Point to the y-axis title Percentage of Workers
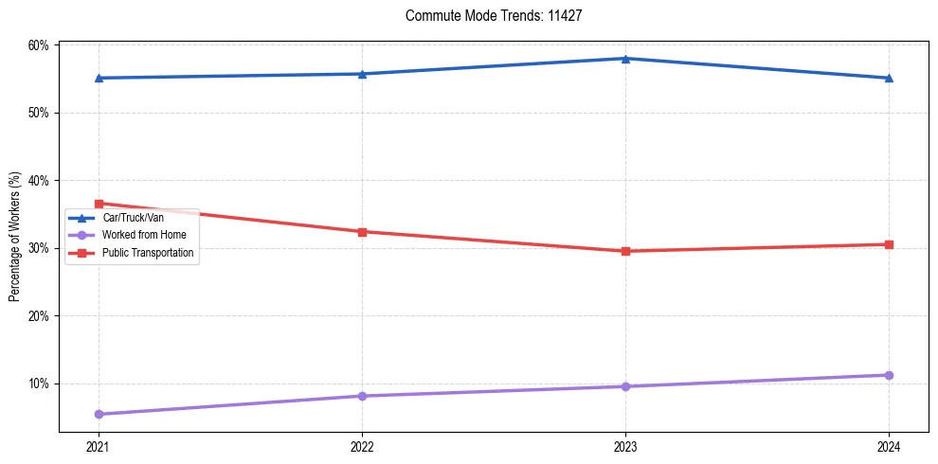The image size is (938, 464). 15,237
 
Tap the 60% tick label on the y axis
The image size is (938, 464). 39,45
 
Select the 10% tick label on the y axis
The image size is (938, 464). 39,384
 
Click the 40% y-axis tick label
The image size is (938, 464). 39,181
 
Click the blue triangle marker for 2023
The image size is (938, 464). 625,59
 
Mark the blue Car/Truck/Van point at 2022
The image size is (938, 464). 362,74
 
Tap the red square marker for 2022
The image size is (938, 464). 362,231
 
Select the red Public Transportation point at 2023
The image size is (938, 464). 625,251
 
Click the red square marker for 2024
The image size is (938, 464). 889,244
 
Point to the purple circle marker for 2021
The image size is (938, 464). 99,414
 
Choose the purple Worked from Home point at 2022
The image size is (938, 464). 362,396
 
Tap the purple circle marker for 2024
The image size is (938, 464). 889,375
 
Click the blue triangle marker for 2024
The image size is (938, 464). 889,78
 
